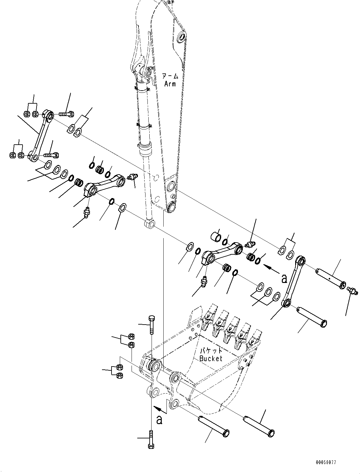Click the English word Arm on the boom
click(x=170, y=84)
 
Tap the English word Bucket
click(x=211, y=358)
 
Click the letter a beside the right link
click(x=284, y=278)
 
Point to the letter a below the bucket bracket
click(x=160, y=420)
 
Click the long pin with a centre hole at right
click(x=330, y=278)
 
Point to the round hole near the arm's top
click(x=182, y=37)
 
